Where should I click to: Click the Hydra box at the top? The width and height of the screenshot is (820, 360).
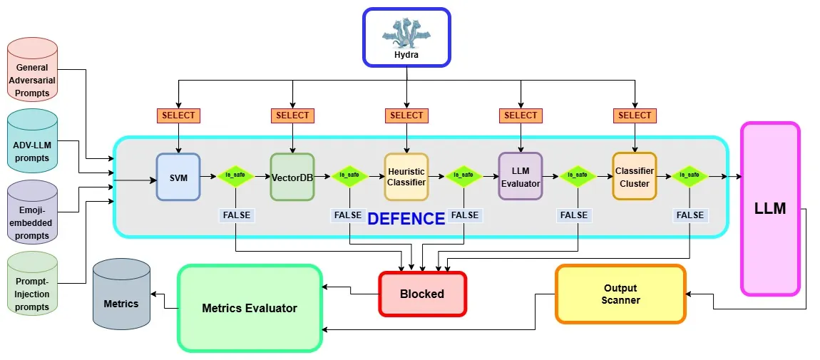pos(406,37)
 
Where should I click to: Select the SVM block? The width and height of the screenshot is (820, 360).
pos(178,176)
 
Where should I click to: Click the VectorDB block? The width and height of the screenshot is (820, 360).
pos(292,176)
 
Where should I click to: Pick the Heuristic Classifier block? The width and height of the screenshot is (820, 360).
pos(406,176)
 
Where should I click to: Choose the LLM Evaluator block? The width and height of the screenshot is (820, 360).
pos(521,176)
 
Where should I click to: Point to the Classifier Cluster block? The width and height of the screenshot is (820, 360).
pos(635,176)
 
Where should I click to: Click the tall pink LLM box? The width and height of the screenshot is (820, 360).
pos(770,208)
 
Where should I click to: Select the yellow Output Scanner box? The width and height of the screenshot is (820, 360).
pos(620,294)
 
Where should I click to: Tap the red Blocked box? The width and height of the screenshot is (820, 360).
pos(422,294)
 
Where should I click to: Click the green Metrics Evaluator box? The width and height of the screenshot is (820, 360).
pos(250,308)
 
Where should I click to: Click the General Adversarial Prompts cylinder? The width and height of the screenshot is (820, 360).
pos(33,80)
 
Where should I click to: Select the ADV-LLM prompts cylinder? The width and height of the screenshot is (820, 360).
pos(33,150)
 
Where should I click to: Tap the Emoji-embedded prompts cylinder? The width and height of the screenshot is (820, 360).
pos(33,222)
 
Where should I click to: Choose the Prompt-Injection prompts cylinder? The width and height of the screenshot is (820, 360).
pos(33,292)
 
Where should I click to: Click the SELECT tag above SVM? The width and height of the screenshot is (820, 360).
pos(178,115)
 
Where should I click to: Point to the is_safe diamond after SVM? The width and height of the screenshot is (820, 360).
pos(235,175)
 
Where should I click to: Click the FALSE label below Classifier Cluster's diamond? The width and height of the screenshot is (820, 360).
pos(690,215)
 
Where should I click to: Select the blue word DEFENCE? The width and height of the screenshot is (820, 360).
pos(406,219)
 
